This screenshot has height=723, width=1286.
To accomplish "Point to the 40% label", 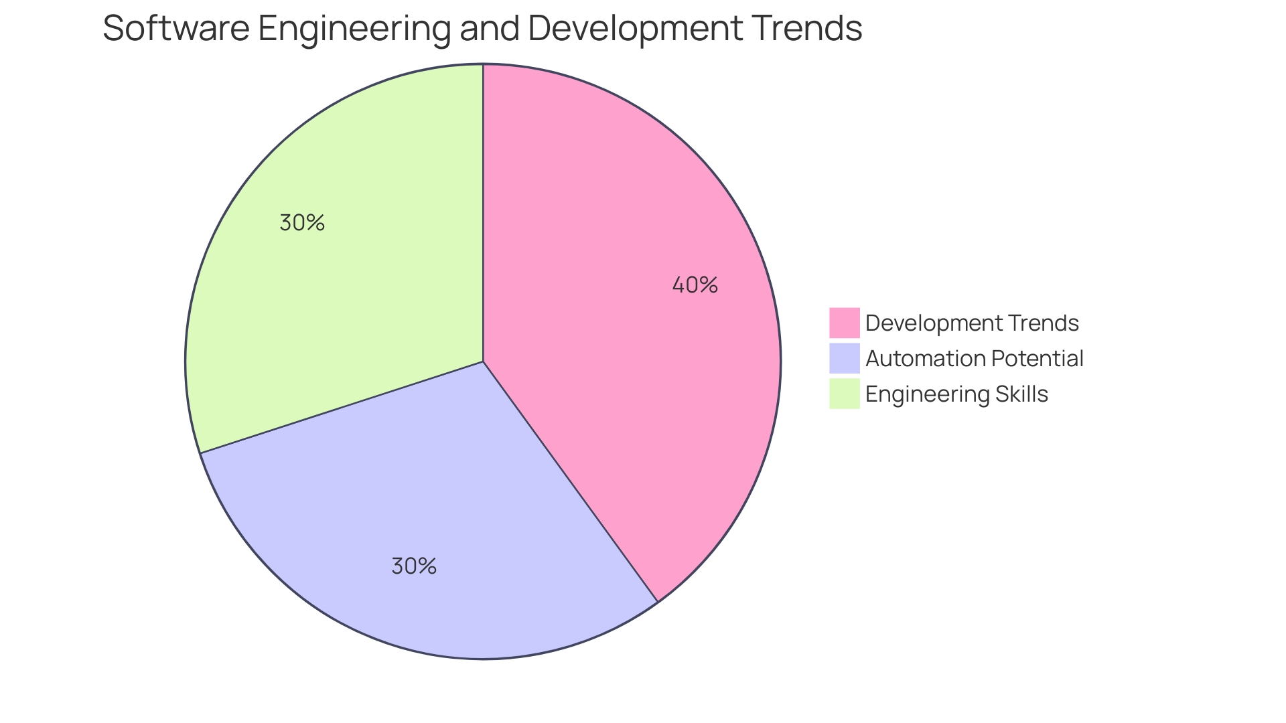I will tap(695, 285).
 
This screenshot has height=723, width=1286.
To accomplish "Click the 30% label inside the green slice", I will tap(302, 223).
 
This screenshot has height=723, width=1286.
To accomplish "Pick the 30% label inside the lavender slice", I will tap(414, 566).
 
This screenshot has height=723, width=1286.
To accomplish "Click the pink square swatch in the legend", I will tap(844, 323).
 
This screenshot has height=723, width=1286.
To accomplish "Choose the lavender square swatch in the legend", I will tap(844, 358).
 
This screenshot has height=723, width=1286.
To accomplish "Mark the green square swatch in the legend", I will tap(844, 394).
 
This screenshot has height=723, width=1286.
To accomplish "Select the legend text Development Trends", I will tap(972, 323).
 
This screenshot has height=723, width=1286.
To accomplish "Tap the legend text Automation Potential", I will tap(974, 358).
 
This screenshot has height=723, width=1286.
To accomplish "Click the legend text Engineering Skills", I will tap(956, 394).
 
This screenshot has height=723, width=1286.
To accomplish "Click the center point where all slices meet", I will tap(483, 361).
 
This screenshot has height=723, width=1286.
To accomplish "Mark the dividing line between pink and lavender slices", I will tap(570, 481).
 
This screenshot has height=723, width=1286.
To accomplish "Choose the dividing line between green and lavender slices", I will tap(342, 407).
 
